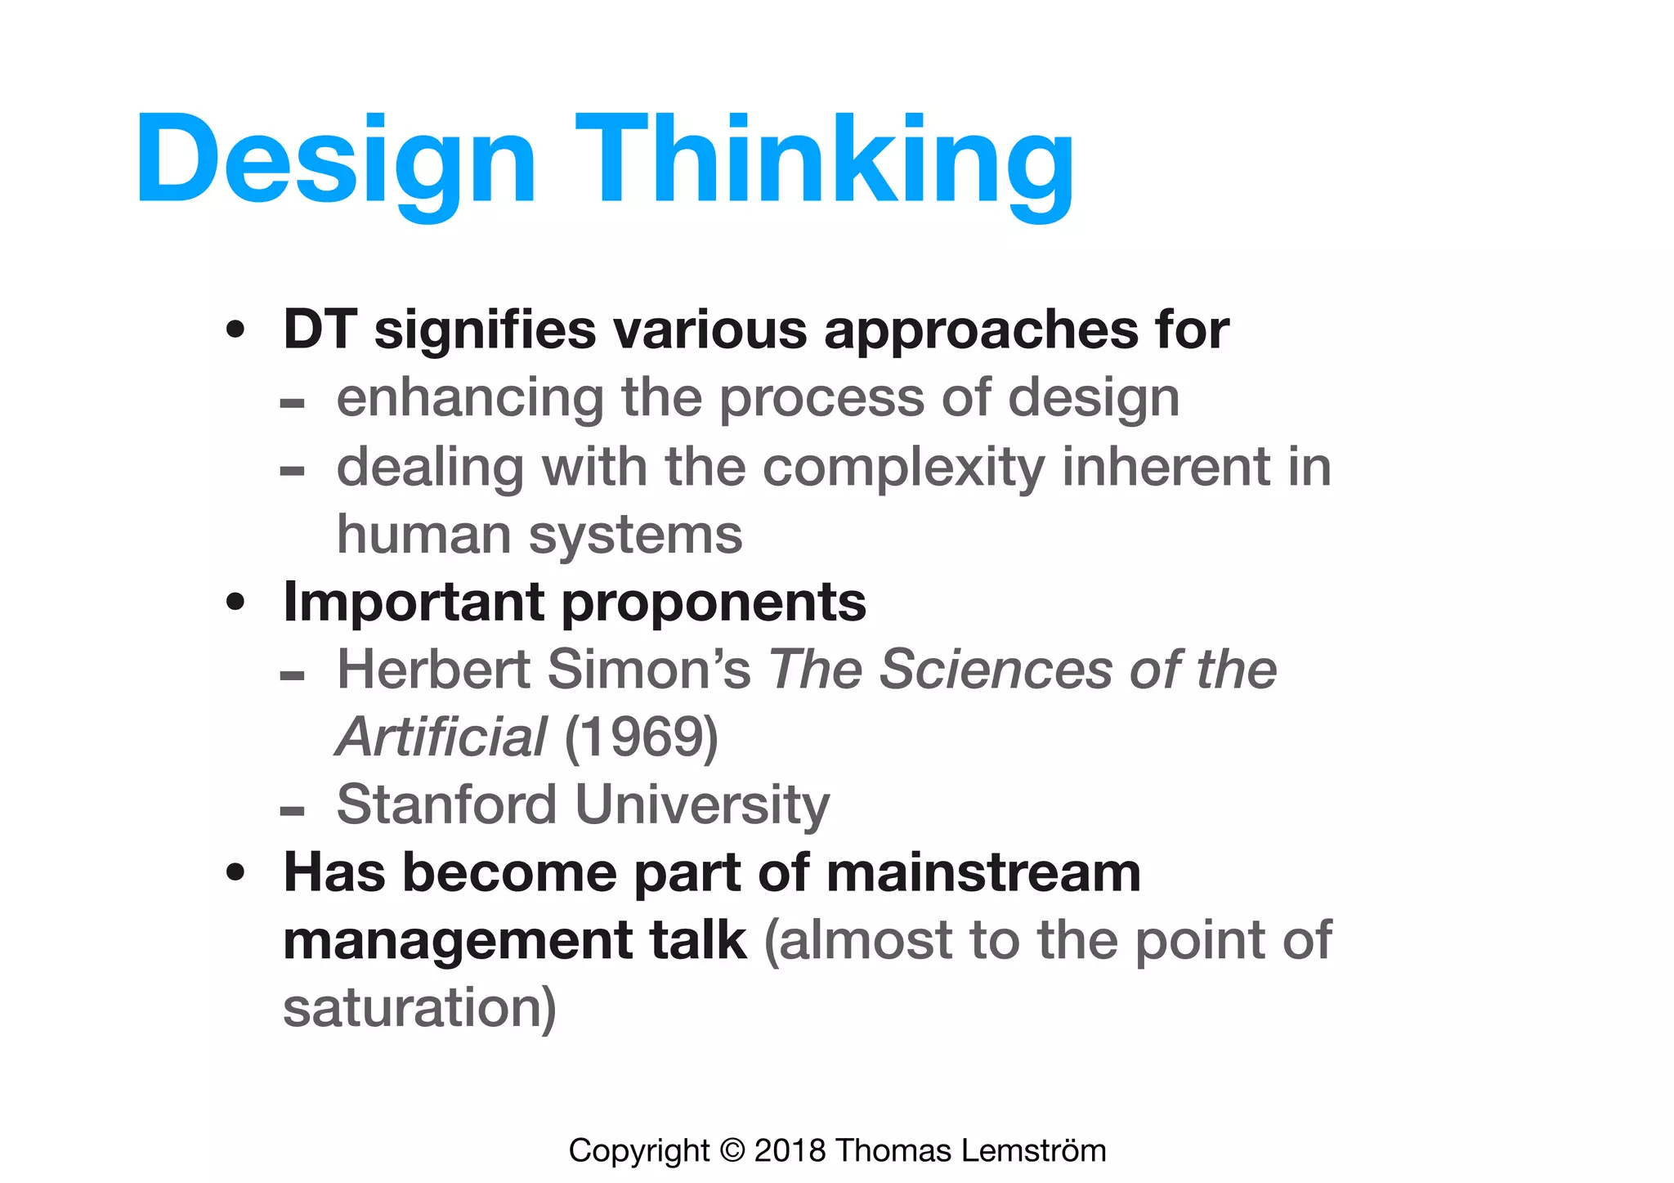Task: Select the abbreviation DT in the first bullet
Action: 320,329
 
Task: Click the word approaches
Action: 981,331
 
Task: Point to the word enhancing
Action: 470,399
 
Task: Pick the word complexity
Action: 903,468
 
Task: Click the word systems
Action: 635,535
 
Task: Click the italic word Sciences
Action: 996,670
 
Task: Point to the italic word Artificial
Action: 441,737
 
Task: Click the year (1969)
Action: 641,737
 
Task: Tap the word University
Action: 702,806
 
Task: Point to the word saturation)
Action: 419,1007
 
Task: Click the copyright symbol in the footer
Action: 732,1151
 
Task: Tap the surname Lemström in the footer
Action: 1033,1151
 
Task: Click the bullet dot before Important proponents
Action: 235,603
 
